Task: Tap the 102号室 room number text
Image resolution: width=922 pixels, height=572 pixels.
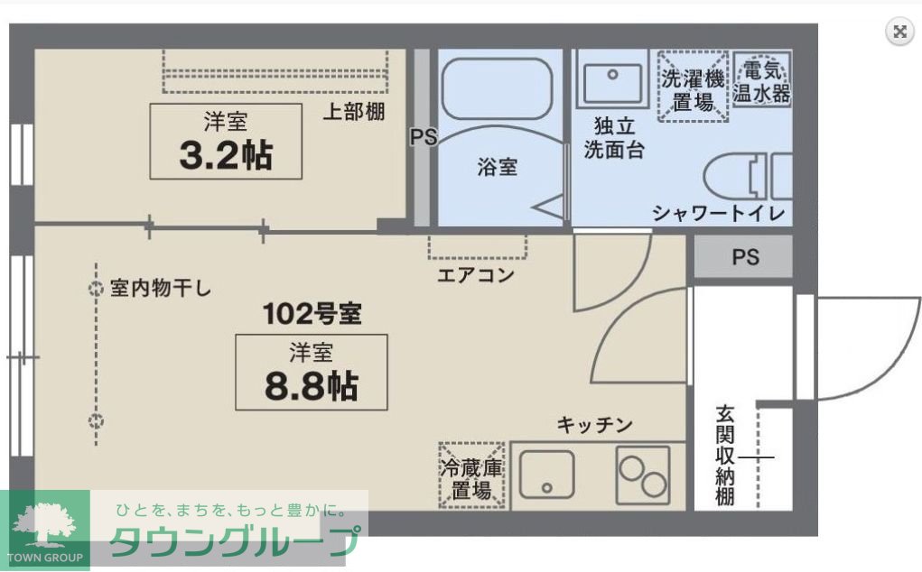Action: pyautogui.click(x=312, y=314)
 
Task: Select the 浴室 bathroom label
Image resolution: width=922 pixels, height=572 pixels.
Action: pyautogui.click(x=497, y=167)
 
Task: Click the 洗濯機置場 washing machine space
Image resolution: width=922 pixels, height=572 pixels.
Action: pyautogui.click(x=693, y=87)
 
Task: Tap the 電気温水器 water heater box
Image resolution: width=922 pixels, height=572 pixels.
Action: pyautogui.click(x=761, y=80)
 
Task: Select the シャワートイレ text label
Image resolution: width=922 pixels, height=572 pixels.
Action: pyautogui.click(x=718, y=214)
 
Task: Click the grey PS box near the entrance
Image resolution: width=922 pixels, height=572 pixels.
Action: pyautogui.click(x=744, y=257)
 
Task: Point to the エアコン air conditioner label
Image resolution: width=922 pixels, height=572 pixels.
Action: pyautogui.click(x=476, y=274)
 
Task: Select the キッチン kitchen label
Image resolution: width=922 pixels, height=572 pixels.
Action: pyautogui.click(x=593, y=425)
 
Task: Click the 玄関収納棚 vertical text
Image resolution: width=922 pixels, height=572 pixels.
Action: pyautogui.click(x=724, y=456)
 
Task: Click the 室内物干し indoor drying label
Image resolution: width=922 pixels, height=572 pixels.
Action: pyautogui.click(x=160, y=289)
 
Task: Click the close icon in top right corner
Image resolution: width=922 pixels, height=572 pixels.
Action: pyautogui.click(x=899, y=32)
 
